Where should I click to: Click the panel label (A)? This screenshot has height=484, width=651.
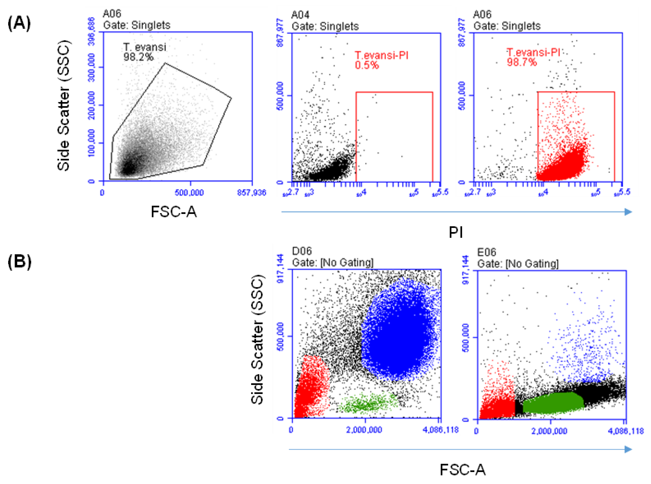[19, 23]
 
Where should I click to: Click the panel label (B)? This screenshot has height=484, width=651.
[19, 261]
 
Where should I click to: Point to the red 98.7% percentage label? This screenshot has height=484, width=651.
[522, 62]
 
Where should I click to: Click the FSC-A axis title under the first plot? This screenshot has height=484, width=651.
[174, 212]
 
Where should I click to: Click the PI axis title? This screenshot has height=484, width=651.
[455, 232]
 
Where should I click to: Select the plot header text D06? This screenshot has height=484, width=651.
[302, 251]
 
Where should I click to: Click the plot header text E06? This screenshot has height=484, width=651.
[486, 252]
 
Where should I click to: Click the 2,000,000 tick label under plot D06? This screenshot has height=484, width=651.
[364, 430]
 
